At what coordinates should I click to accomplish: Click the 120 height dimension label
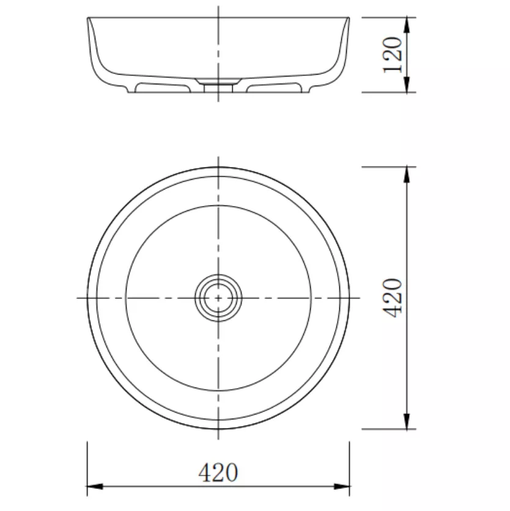(393, 55)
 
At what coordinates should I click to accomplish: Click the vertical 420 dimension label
(393, 298)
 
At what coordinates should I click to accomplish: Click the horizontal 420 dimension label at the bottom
(218, 472)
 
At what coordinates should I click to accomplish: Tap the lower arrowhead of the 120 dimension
(407, 85)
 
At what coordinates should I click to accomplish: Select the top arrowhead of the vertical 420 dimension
(407, 175)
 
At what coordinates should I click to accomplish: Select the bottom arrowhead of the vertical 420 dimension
(407, 421)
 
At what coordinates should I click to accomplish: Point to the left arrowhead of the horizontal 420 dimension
(95, 487)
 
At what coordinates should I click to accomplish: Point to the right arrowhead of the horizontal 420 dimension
(341, 487)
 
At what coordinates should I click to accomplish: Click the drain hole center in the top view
(218, 298)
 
